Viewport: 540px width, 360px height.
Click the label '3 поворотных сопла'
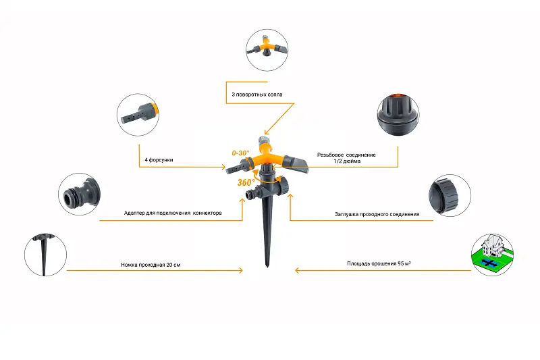tap(257, 95)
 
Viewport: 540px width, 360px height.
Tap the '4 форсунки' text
tap(159, 160)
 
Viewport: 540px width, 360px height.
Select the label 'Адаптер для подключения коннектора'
tap(173, 213)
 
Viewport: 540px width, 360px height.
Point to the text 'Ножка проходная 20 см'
tap(151, 265)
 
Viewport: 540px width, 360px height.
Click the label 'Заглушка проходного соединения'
tap(377, 214)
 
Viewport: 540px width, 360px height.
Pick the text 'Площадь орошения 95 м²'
tap(379, 263)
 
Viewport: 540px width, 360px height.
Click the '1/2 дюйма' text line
tap(347, 161)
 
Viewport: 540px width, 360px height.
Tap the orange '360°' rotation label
tap(246, 182)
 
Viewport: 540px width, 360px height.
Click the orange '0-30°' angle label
tap(240, 153)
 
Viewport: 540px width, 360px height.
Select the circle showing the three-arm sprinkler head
tap(267, 50)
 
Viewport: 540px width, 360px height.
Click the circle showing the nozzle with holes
tap(138, 115)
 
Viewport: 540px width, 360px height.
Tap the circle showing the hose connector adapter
tap(79, 195)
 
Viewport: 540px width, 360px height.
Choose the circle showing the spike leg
tap(45, 255)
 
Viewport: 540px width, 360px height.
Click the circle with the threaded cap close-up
tap(398, 114)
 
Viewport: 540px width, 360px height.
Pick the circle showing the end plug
tap(450, 195)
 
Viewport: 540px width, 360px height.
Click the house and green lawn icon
tap(492, 255)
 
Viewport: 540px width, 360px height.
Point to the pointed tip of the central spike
tap(267, 267)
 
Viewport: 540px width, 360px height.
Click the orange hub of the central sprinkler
tap(266, 156)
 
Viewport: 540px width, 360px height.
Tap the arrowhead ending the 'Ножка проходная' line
tap(241, 270)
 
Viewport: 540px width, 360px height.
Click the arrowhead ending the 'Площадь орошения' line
tap(297, 270)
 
